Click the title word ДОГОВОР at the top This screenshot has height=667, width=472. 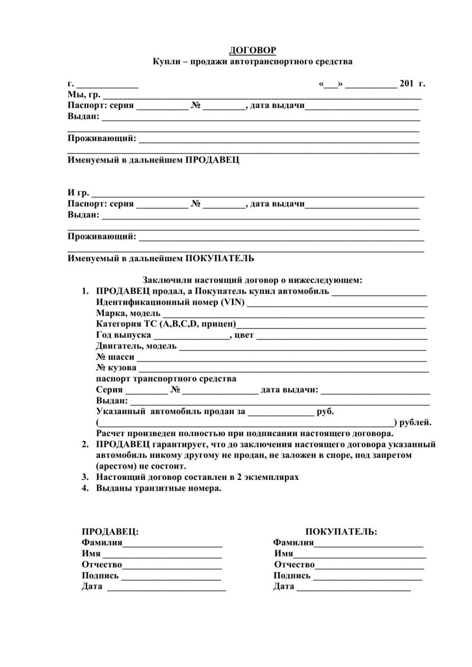[x=252, y=50]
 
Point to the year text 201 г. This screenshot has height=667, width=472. [x=412, y=84]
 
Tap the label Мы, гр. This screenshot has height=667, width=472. [x=84, y=94]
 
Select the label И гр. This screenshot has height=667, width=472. [x=78, y=192]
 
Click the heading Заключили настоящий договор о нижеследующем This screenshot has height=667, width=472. [x=252, y=279]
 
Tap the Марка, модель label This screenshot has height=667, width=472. [x=128, y=313]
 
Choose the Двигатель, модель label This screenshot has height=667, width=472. [x=136, y=346]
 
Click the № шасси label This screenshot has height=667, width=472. [x=115, y=357]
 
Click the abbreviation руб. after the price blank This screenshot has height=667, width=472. [x=326, y=411]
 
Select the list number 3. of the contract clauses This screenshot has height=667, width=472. [x=85, y=477]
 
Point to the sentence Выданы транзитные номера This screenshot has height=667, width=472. [x=159, y=488]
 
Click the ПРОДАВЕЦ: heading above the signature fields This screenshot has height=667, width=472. [x=110, y=531]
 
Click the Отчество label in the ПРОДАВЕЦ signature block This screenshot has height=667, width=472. [x=102, y=564]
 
